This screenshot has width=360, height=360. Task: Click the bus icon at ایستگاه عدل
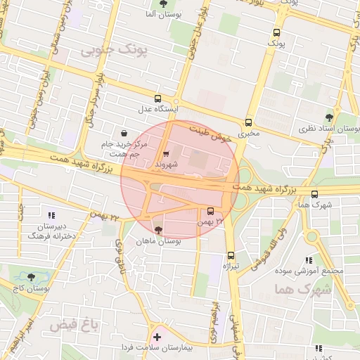pos(157,99)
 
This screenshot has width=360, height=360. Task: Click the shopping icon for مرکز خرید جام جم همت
pos(124,133)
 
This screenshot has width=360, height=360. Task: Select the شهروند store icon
pos(165,154)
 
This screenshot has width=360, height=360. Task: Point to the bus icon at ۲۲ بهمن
pos(211,211)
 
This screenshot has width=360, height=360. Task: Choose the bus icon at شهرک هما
pos(314,195)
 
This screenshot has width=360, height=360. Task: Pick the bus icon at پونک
pos(276,32)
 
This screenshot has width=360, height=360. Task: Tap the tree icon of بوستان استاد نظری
pos(328,117)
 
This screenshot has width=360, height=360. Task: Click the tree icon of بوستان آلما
pos(164,4)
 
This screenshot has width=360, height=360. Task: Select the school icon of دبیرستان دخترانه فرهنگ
pos(51,215)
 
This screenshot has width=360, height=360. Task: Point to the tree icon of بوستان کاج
pos(30,278)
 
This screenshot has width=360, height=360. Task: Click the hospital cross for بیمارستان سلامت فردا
pos(157,337)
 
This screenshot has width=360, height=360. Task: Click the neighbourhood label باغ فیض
pos(72,326)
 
